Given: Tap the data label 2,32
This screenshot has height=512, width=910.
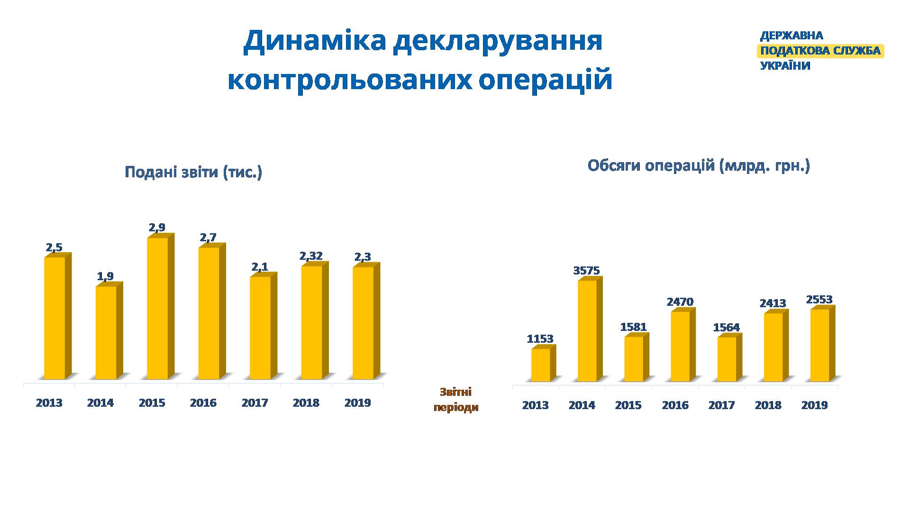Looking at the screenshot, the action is click(311, 256).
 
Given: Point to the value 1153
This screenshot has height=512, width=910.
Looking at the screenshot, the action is click(540, 339).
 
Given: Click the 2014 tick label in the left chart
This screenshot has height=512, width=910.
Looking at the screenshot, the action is click(100, 403).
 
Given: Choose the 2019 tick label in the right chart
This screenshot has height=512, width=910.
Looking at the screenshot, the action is click(814, 405).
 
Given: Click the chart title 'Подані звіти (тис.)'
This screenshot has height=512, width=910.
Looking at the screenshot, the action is click(193, 172).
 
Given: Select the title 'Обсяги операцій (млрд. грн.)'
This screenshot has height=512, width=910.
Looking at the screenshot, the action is click(699, 166).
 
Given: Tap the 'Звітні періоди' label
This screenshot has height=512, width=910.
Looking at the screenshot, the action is click(456, 400).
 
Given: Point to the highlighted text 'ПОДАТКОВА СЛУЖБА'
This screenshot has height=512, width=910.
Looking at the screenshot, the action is click(820, 51).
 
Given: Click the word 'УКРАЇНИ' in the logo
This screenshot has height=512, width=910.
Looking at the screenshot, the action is click(785, 66).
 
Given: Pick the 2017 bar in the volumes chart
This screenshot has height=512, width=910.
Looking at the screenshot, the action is click(729, 357).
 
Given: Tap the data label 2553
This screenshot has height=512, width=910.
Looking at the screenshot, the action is click(819, 300).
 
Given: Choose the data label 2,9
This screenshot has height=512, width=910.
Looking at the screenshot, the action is click(157, 228).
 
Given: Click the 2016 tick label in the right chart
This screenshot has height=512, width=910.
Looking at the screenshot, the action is click(675, 405).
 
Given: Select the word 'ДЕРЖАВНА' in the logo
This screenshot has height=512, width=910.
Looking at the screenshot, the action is click(792, 36).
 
